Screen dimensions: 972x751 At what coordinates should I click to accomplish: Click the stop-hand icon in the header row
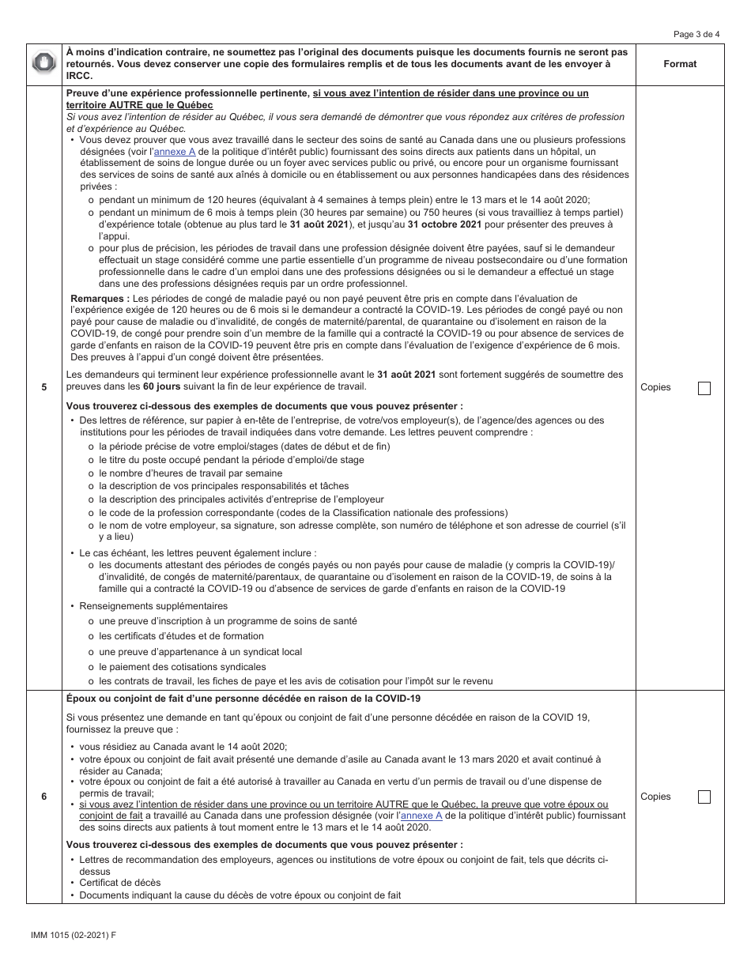[44, 64]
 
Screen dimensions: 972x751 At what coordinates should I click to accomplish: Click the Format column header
[680, 64]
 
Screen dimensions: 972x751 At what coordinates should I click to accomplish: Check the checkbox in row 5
[704, 388]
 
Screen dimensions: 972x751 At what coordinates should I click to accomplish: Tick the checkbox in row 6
[704, 797]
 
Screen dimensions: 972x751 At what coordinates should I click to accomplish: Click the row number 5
[44, 388]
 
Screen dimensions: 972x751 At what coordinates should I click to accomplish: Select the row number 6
[44, 797]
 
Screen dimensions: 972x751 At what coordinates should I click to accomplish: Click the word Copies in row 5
[655, 388]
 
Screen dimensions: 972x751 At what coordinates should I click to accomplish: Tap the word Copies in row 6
[655, 797]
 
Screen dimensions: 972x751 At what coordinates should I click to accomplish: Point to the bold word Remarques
[100, 299]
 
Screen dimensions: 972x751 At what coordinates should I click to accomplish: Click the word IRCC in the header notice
[80, 76]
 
